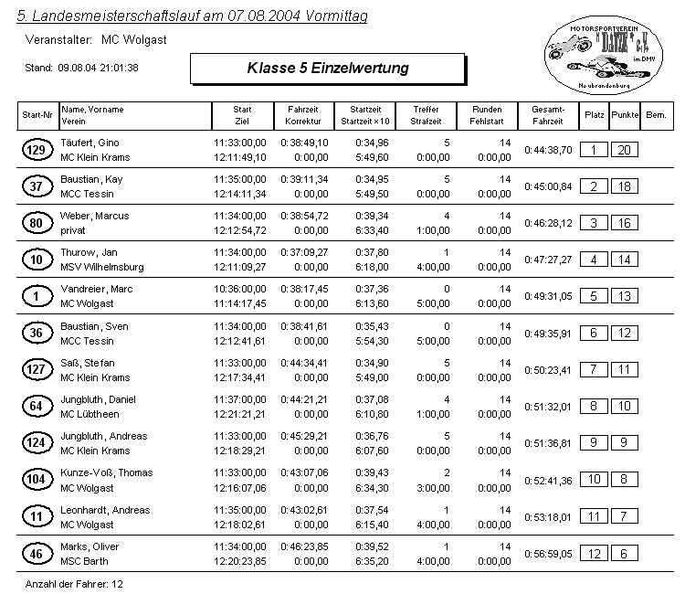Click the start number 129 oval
coord(37,150)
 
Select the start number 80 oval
coord(37,223)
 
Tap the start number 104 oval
coord(37,480)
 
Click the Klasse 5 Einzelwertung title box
coord(327,69)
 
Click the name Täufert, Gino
coord(90,143)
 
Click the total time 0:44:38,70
coord(548,150)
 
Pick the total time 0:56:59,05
coord(548,553)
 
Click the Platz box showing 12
coord(594,553)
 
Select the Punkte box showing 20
coord(625,150)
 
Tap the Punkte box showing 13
coord(625,296)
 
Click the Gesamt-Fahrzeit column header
coord(547,115)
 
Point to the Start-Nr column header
coord(37,115)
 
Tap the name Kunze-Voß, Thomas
coord(106,472)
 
